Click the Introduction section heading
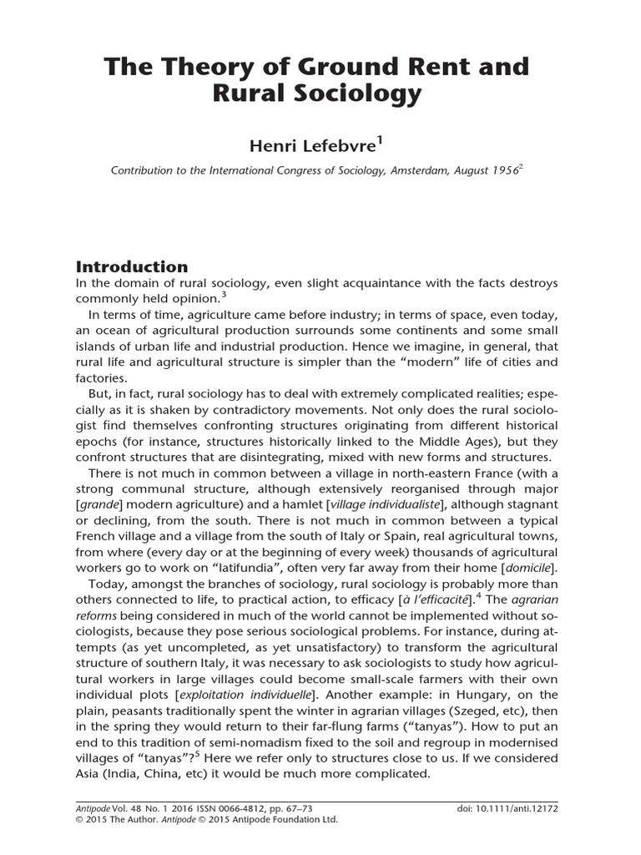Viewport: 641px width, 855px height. click(x=132, y=267)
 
